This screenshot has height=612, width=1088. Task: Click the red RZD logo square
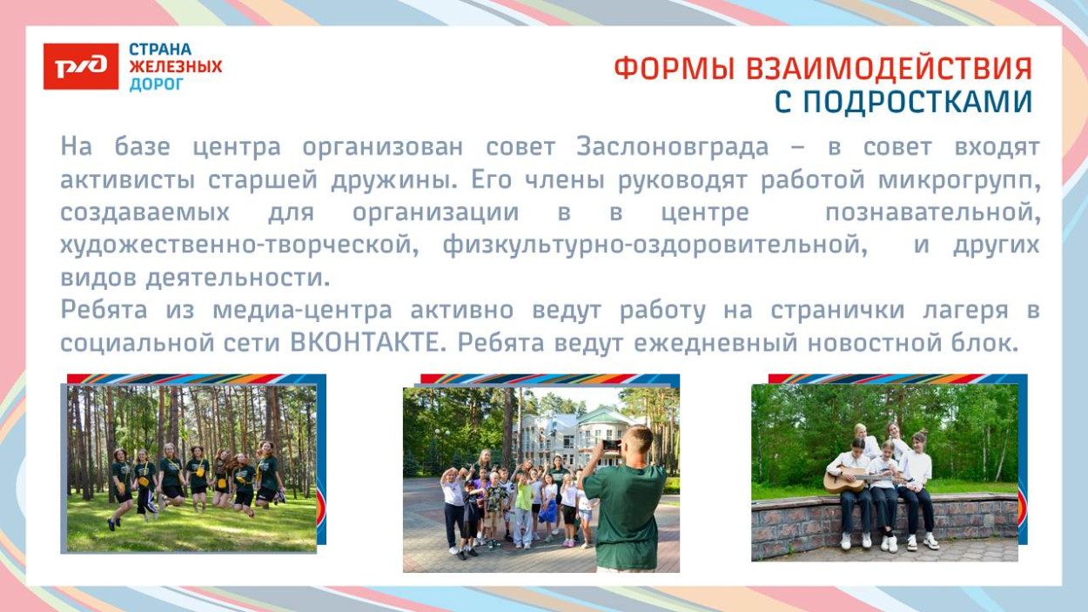pyautogui.click(x=81, y=66)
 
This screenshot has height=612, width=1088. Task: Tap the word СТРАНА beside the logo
pyautogui.click(x=160, y=50)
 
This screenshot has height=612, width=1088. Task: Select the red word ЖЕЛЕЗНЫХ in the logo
pyautogui.click(x=176, y=67)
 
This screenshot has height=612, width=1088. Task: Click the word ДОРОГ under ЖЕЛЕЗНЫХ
pyautogui.click(x=157, y=84)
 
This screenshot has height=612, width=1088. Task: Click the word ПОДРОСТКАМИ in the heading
pyautogui.click(x=917, y=102)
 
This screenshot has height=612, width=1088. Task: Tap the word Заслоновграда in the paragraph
pyautogui.click(x=673, y=147)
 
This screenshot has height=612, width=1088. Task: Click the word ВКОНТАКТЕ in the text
pyautogui.click(x=362, y=343)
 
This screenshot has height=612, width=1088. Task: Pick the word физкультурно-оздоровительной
pyautogui.click(x=655, y=245)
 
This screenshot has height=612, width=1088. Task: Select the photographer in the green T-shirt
pyautogui.click(x=626, y=501)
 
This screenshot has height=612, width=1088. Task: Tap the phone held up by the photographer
pyautogui.click(x=611, y=445)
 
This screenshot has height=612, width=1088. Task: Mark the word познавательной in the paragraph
pyautogui.click(x=931, y=212)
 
